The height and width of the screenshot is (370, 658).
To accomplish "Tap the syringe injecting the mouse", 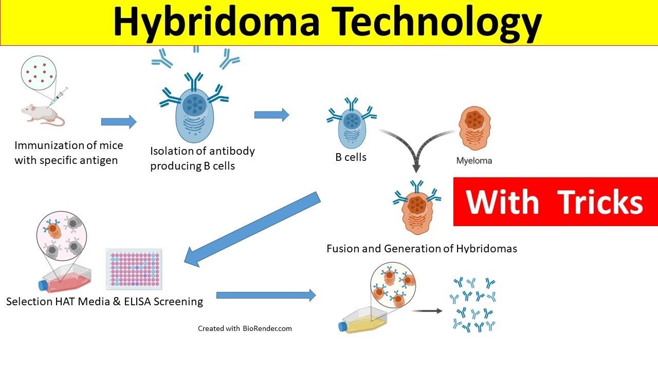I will click(60, 97).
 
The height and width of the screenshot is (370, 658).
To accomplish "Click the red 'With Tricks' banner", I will click(555, 201).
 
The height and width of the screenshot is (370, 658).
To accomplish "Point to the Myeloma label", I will click(474, 161).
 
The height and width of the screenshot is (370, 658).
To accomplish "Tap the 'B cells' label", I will click(351, 157).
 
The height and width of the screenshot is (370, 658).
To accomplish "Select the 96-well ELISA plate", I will click(134, 268).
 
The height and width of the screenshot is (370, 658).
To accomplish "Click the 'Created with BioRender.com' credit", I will click(245, 328).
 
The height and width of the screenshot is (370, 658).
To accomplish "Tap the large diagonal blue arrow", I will click(252, 229).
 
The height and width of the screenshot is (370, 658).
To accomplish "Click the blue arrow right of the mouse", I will click(119, 122).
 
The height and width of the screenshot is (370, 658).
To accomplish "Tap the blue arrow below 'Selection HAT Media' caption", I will click(266, 295).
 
